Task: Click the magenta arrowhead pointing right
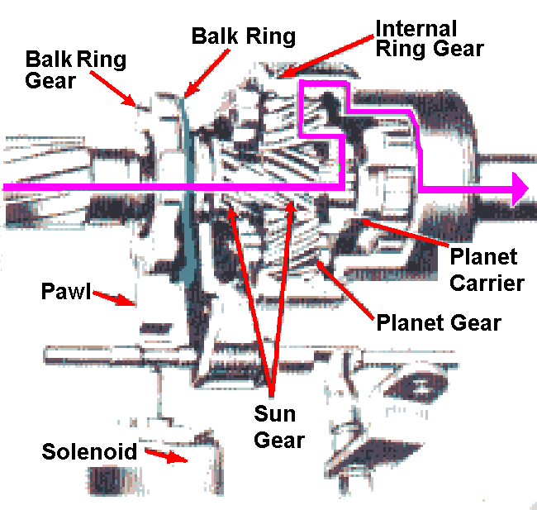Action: coord(519,189)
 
